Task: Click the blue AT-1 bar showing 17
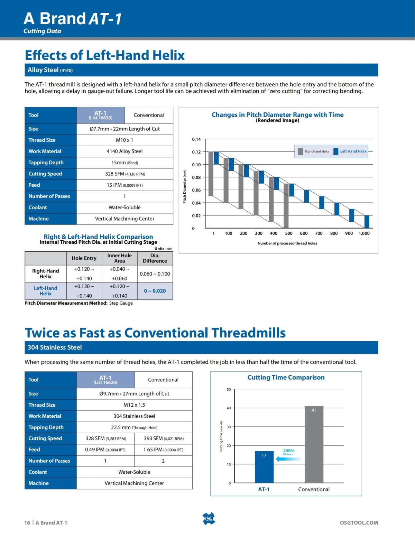[264, 467]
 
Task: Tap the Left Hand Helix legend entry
[350, 151]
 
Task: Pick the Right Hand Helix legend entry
[314, 151]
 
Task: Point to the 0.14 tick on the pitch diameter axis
[196, 139]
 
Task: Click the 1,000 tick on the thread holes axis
[364, 233]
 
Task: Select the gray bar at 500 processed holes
[286, 206]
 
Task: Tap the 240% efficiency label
[288, 451]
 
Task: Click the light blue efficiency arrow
[288, 459]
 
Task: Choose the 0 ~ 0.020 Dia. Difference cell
[155, 291]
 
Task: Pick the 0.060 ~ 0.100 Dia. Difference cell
[155, 274]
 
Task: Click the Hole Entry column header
[84, 258]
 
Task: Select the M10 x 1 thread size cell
[124, 140]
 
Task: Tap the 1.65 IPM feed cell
[163, 450]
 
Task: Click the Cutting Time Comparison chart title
[286, 378]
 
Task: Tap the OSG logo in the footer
[208, 519]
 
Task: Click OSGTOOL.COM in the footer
[359, 523]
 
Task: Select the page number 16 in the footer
[27, 523]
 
